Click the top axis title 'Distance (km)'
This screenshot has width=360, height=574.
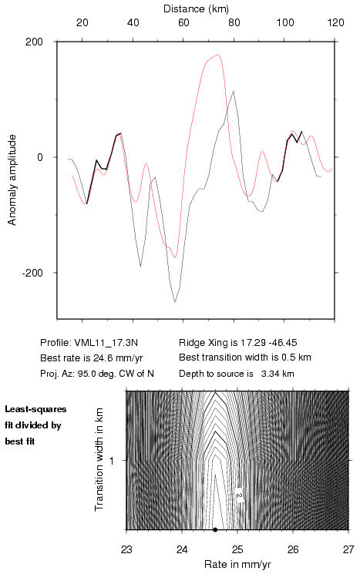196,8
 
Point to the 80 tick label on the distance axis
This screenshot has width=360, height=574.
234,22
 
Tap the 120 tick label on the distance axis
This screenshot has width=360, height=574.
335,22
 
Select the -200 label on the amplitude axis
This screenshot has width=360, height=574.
32,273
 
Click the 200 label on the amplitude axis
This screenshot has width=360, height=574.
34,42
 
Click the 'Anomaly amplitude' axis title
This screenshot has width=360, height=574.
12,180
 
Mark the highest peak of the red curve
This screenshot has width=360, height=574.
218,55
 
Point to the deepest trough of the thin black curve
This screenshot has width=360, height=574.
175,302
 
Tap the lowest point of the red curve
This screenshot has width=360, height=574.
175,257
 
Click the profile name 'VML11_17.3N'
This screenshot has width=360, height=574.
106,343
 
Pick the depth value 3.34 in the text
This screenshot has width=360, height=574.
271,374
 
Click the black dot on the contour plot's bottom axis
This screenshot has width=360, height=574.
215,530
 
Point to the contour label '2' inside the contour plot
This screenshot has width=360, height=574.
239,495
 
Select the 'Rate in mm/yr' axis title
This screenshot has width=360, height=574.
237,564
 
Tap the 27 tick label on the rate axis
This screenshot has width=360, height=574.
348,549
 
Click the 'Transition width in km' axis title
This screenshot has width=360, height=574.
99,460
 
